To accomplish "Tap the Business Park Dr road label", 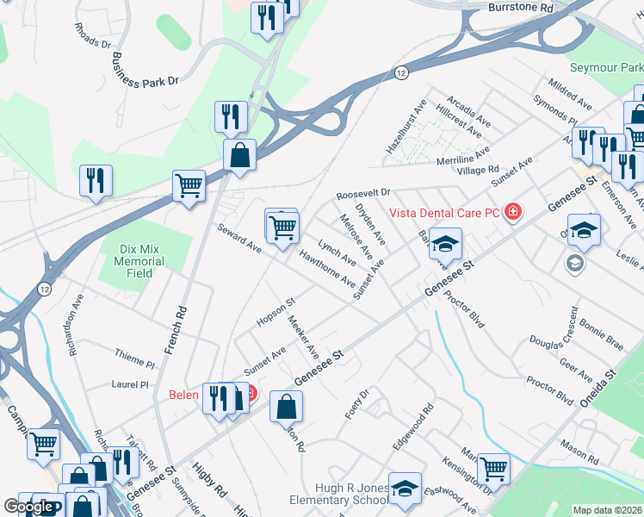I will coord(145,70).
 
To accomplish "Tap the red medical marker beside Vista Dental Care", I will coord(513,211).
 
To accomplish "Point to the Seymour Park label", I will coord(606,67).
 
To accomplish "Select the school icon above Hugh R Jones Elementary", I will coord(405,486).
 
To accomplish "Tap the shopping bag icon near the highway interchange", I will coord(239,155).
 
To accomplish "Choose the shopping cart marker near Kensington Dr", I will coord(493,469).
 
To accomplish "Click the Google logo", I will coord(28,507).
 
